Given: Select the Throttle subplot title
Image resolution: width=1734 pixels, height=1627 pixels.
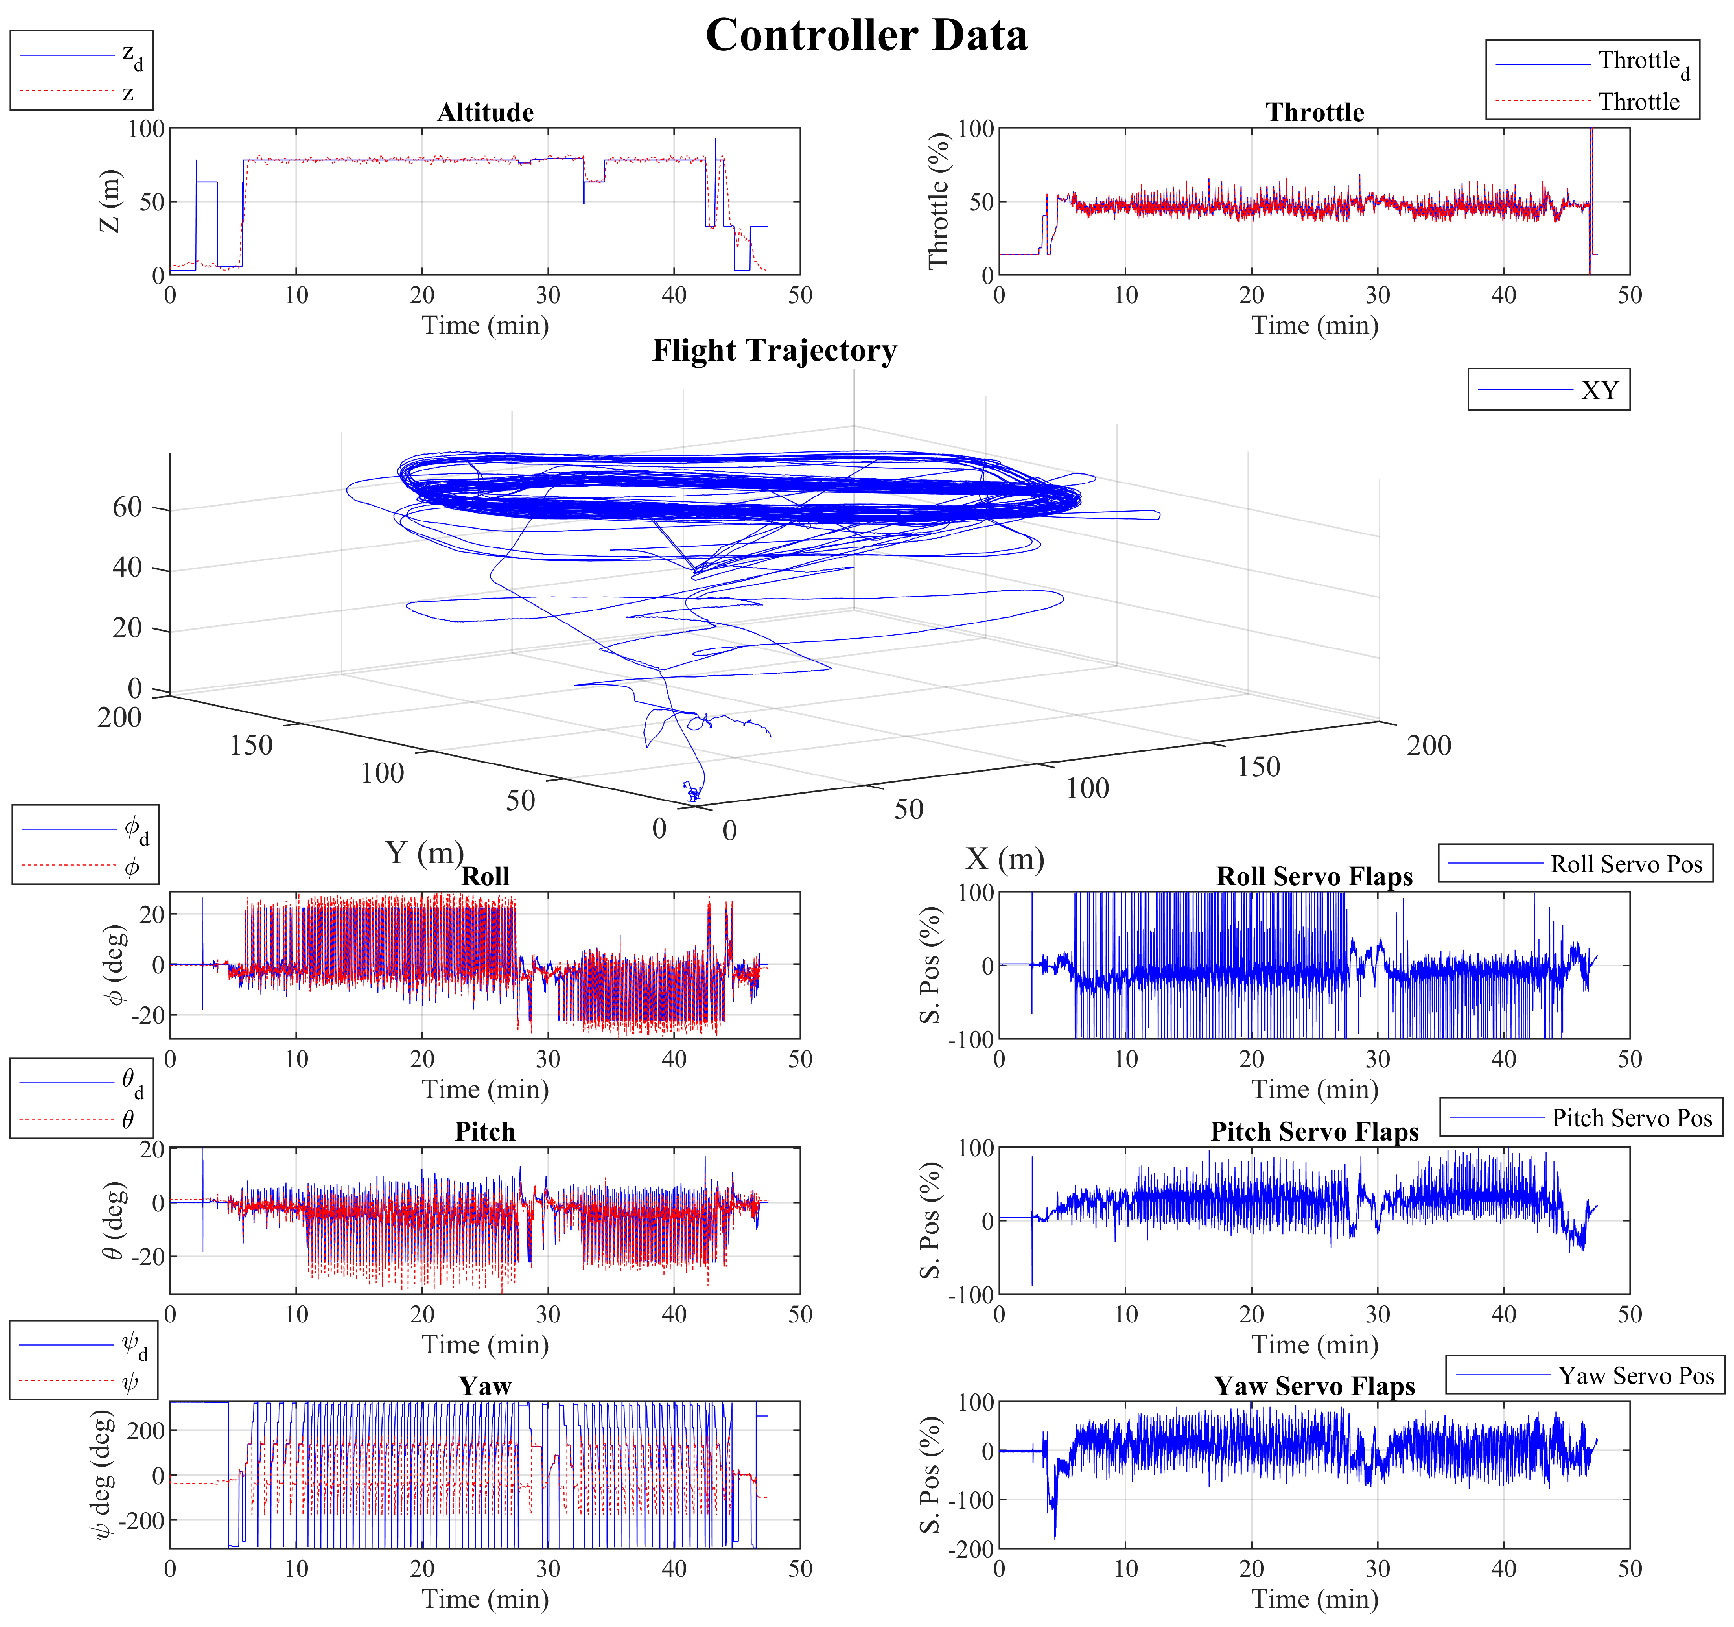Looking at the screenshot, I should pos(1315,113).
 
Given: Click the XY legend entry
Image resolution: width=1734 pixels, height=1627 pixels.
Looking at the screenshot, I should pos(1599,391).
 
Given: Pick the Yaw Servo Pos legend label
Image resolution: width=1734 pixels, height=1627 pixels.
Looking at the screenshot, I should pos(1636,1376).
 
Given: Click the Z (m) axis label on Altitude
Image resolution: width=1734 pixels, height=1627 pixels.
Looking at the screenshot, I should pos(110,202).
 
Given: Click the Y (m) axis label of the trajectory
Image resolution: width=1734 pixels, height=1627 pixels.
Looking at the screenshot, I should pos(424,852).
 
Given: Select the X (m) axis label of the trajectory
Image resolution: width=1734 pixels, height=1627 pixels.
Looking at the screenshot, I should pos(1004,859).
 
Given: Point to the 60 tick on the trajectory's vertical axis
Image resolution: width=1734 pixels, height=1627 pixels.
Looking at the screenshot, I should pos(127,507).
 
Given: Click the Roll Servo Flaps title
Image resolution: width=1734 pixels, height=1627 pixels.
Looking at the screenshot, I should pos(1315,877).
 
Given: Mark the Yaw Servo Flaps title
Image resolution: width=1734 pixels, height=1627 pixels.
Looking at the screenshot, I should pos(1315,1386).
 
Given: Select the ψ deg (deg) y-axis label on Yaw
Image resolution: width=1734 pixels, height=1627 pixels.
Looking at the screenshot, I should pos(103,1474).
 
